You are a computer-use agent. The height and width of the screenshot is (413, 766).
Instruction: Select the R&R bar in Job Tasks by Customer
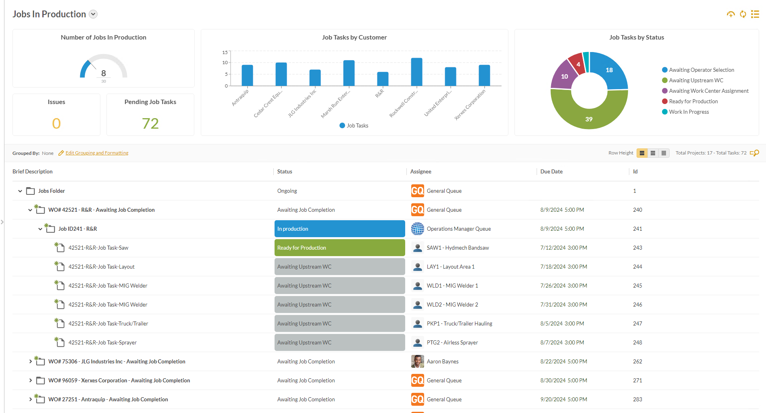(x=383, y=79)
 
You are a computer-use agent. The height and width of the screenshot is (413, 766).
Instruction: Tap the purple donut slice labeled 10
(x=562, y=76)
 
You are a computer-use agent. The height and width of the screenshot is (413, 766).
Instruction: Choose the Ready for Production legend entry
(x=693, y=101)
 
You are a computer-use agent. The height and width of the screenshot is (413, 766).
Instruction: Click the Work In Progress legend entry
(x=689, y=112)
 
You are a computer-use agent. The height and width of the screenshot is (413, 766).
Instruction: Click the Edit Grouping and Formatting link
(x=97, y=153)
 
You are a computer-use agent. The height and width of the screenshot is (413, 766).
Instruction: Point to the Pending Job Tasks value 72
(x=150, y=123)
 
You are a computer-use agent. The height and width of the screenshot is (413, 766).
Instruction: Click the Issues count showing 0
(x=56, y=123)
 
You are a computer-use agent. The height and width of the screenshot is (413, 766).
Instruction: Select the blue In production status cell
(x=339, y=229)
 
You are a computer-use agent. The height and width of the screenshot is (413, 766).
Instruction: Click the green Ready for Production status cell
(x=339, y=248)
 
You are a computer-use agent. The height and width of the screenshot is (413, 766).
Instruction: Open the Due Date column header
(x=551, y=171)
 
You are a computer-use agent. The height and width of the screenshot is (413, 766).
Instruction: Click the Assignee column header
(x=420, y=171)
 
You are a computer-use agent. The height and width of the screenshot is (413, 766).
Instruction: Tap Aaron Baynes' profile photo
(x=417, y=361)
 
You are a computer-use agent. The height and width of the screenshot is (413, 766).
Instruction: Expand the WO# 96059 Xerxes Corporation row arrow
(x=30, y=380)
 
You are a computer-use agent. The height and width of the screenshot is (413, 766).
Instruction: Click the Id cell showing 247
(x=637, y=323)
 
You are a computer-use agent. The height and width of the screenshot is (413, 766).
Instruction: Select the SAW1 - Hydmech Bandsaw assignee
(x=458, y=248)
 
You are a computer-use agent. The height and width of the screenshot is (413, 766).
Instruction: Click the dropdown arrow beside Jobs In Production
(x=93, y=14)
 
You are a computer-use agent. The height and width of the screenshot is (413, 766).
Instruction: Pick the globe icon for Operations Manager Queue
(x=417, y=229)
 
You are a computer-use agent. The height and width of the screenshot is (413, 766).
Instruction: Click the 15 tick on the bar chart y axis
(x=225, y=52)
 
